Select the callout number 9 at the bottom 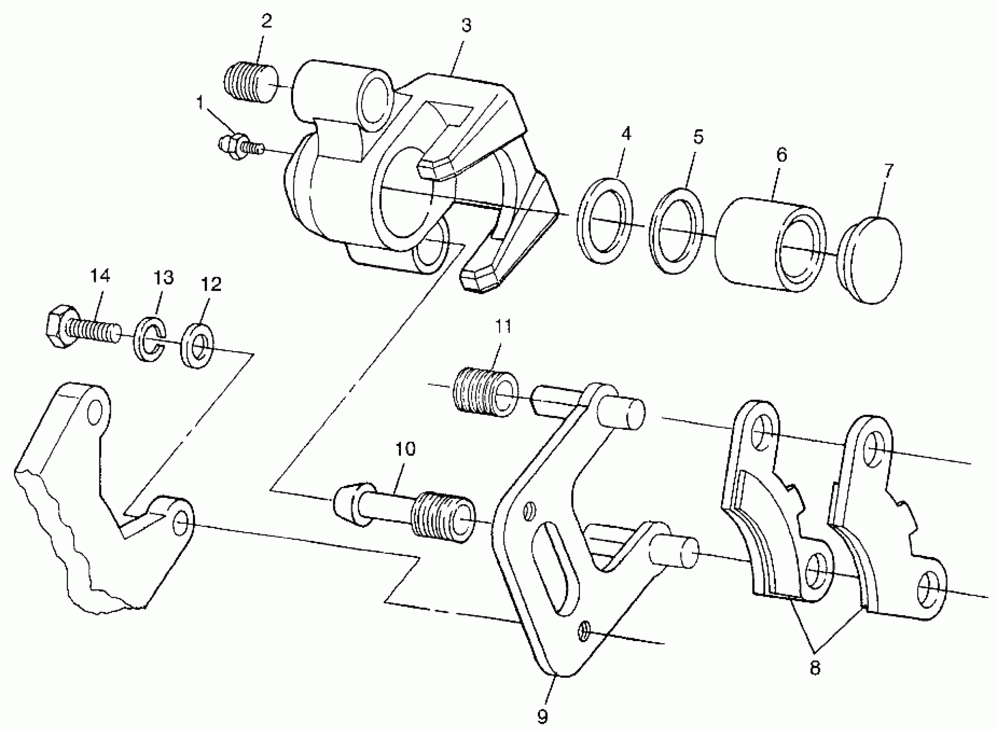click(x=542, y=716)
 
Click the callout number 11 click(x=503, y=326)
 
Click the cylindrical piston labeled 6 click(x=769, y=245)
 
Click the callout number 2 click(x=266, y=21)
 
